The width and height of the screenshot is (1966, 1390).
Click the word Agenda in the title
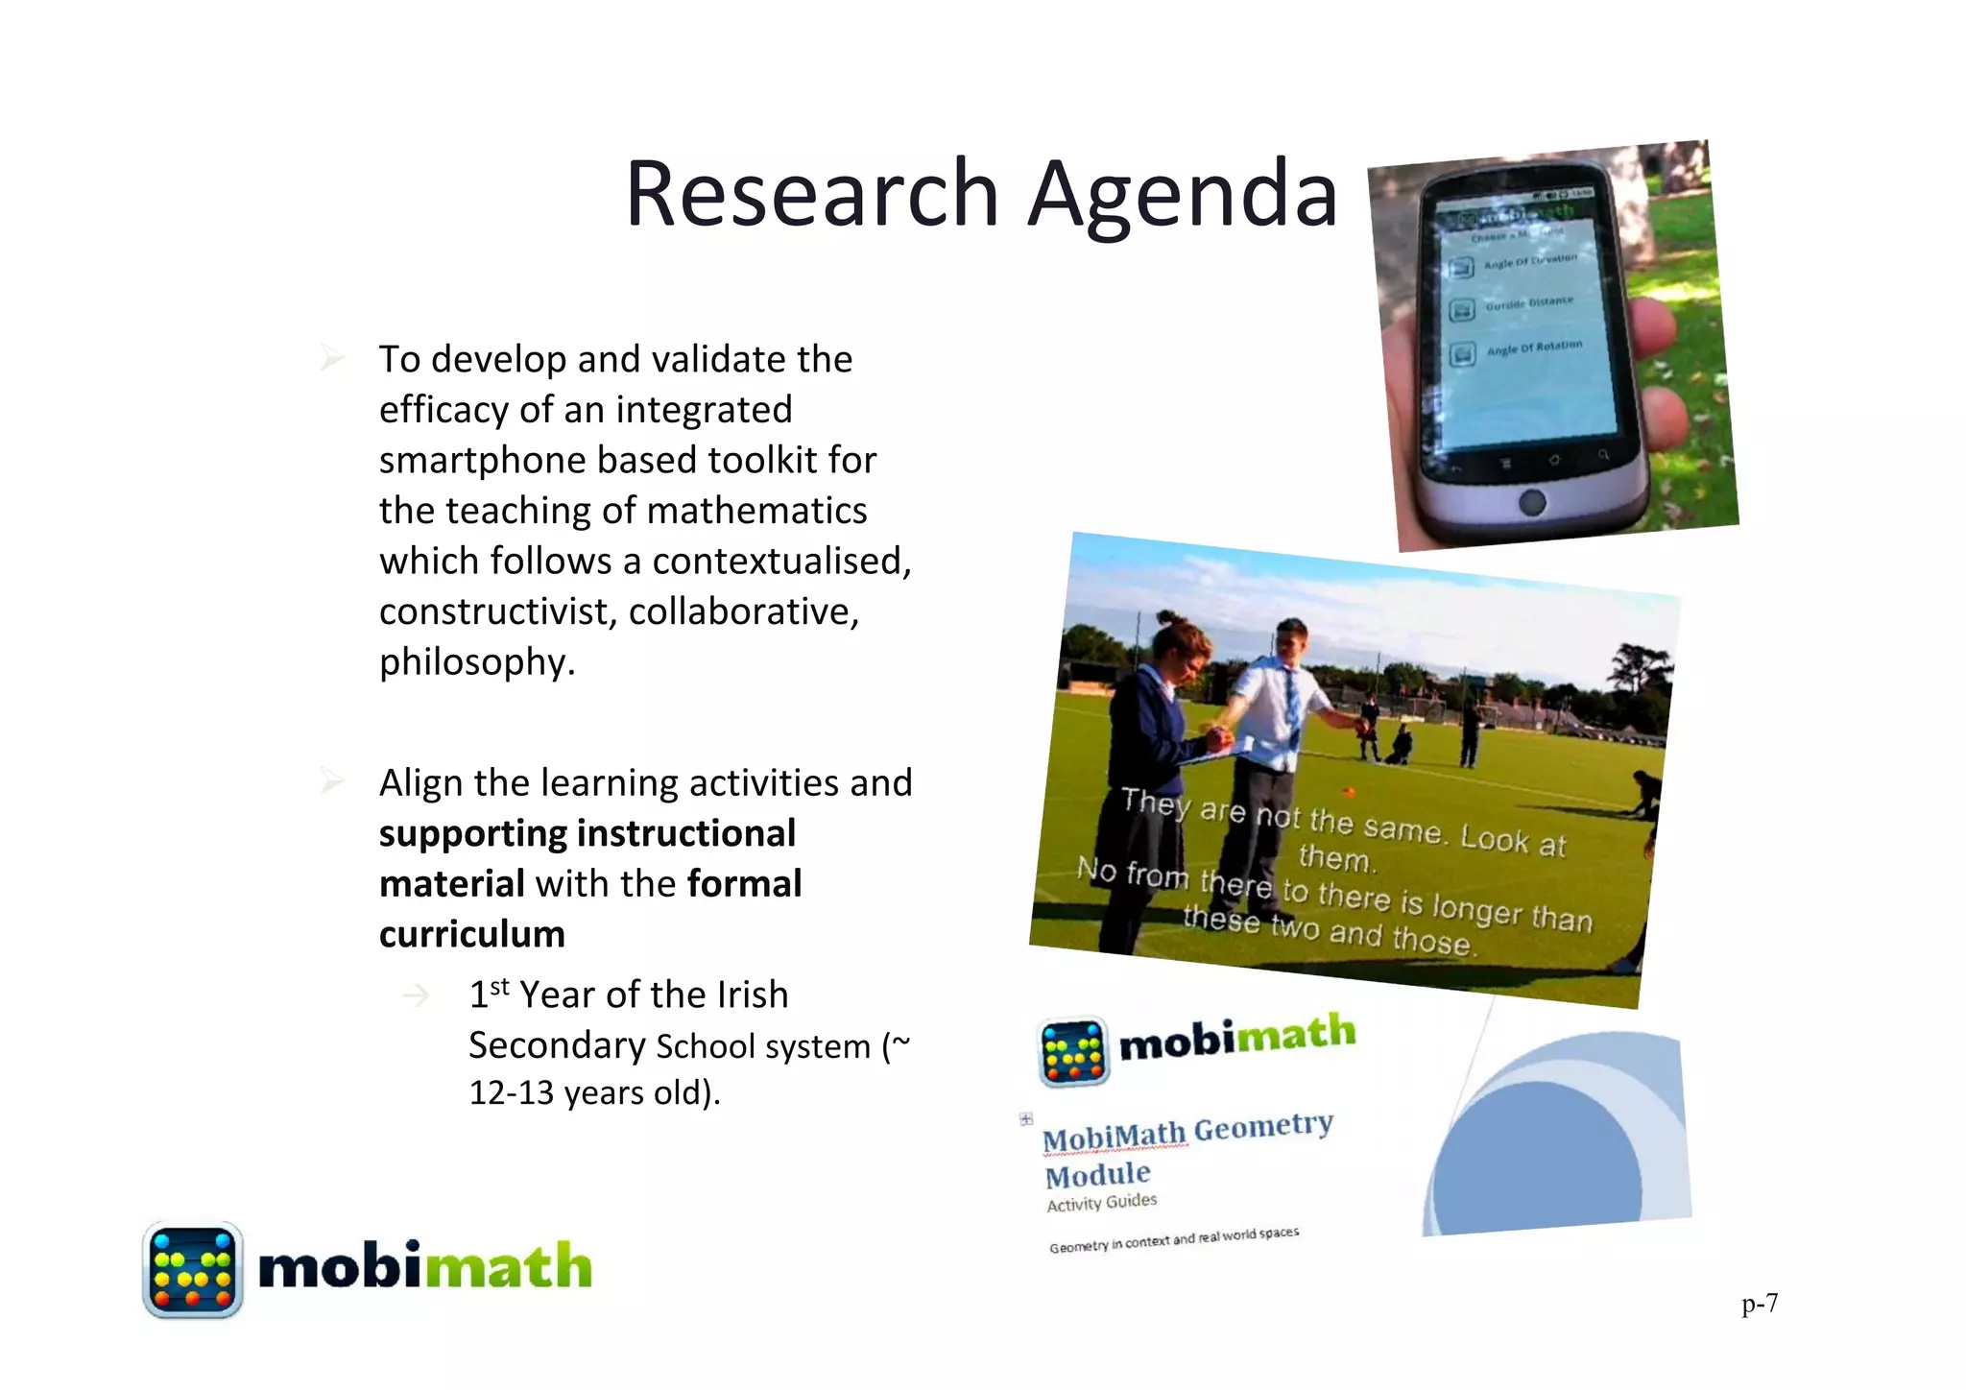(x=1183, y=195)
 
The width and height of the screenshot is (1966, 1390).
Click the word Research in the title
(x=812, y=195)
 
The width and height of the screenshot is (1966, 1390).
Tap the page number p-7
(x=1760, y=1304)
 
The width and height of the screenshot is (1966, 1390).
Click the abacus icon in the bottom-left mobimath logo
(x=192, y=1269)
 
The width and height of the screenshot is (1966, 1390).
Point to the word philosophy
(x=476, y=662)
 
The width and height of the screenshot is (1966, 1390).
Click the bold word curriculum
(x=472, y=934)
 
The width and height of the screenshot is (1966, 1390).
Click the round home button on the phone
(x=1533, y=501)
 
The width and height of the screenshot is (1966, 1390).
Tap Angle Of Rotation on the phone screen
(x=1533, y=347)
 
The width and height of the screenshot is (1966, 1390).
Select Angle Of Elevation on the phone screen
(x=1529, y=261)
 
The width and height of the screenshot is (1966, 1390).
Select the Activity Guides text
(x=1101, y=1203)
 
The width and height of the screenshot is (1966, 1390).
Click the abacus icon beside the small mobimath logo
(x=1073, y=1051)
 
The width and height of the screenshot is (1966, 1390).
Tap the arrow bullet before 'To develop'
(x=332, y=359)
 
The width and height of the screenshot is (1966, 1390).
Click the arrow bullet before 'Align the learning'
(x=332, y=782)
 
